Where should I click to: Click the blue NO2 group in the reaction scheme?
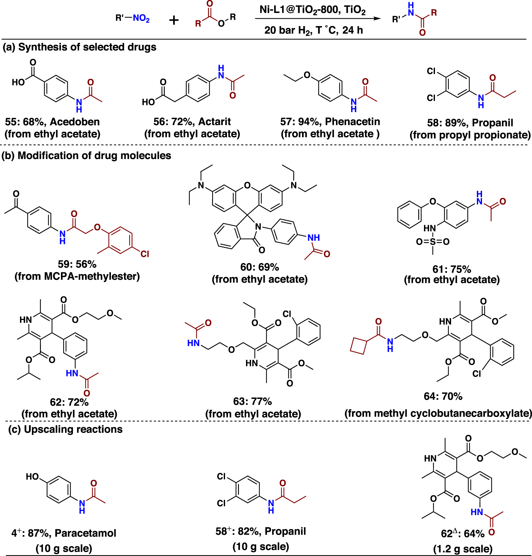pyautogui.click(x=141, y=18)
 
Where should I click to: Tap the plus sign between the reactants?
pyautogui.click(x=174, y=20)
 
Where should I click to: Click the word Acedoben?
pyautogui.click(x=75, y=122)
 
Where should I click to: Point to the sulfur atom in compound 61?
pyautogui.click(x=433, y=241)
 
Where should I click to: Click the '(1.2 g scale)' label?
pyautogui.click(x=463, y=549)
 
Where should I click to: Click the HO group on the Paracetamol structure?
pyautogui.click(x=33, y=476)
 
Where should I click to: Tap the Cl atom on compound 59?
pyautogui.click(x=145, y=254)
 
